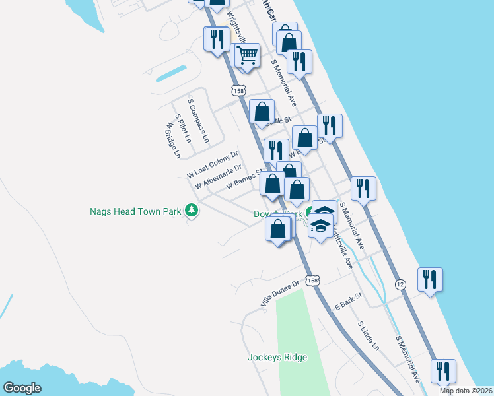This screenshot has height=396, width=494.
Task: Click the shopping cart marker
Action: tap(247, 55)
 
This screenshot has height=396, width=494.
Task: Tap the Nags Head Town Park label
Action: tap(135, 212)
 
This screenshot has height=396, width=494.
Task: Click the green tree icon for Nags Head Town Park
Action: tap(192, 211)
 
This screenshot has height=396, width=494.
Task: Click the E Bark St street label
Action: tap(349, 302)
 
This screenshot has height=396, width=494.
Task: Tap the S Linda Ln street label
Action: tap(369, 336)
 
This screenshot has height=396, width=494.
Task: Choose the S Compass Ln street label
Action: tap(198, 121)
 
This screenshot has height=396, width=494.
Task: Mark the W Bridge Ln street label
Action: tap(173, 141)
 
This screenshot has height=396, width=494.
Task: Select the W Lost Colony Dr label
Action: tap(213, 165)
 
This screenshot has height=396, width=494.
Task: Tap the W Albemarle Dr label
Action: tap(219, 177)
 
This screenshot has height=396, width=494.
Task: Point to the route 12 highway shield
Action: tap(400, 284)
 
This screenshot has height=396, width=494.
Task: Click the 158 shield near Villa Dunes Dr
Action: tap(312, 280)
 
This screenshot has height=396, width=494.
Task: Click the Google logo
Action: tap(22, 388)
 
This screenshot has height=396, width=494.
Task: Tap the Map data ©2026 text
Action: tap(466, 391)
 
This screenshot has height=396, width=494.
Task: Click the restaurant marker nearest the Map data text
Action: tap(442, 371)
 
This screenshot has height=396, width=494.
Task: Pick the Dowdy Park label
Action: tap(278, 214)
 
